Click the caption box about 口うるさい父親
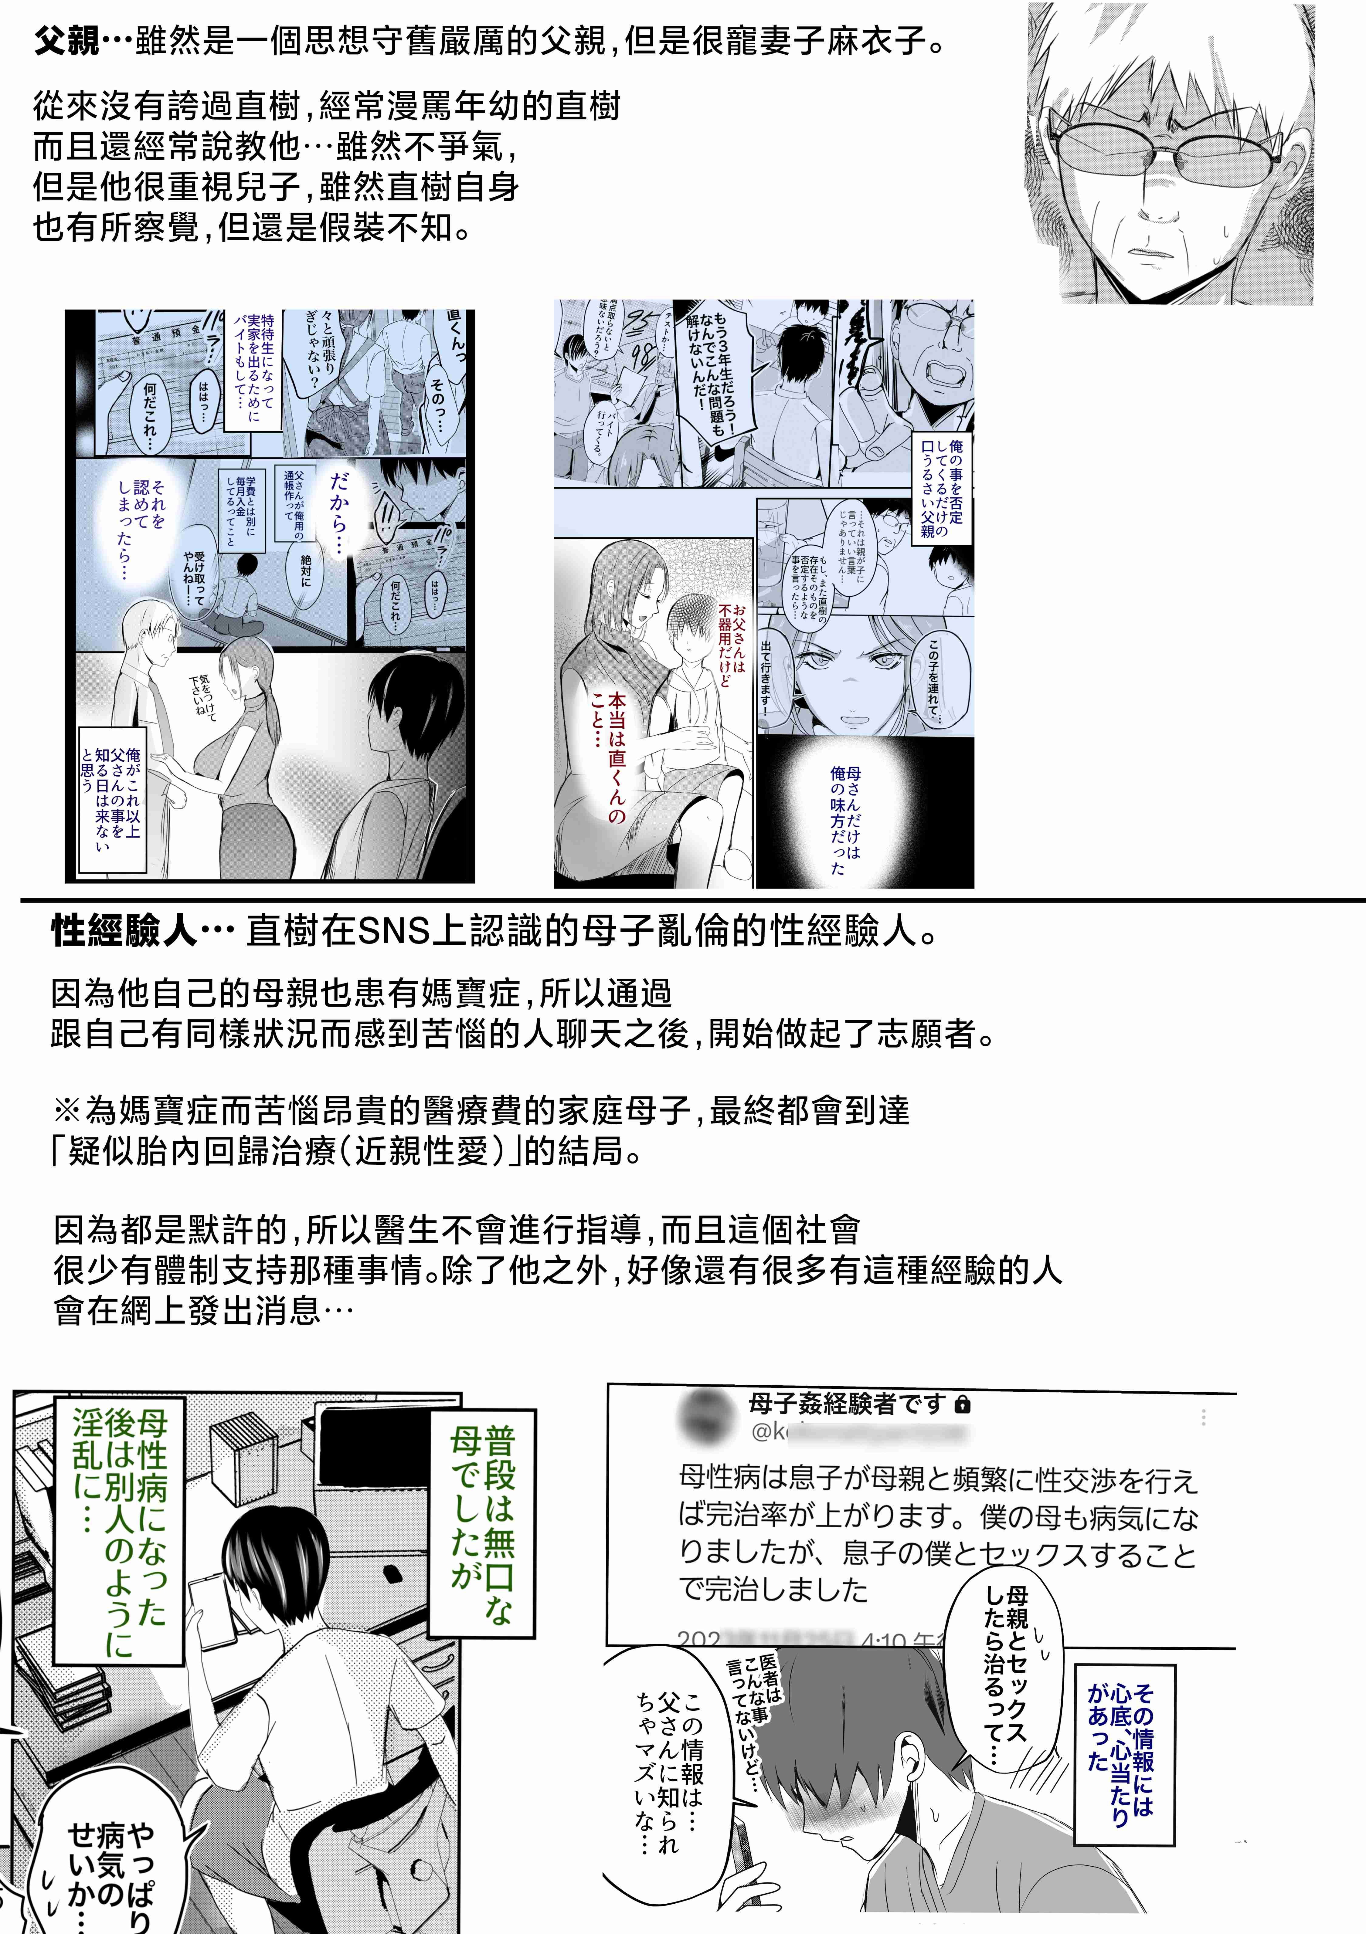click(942, 488)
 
